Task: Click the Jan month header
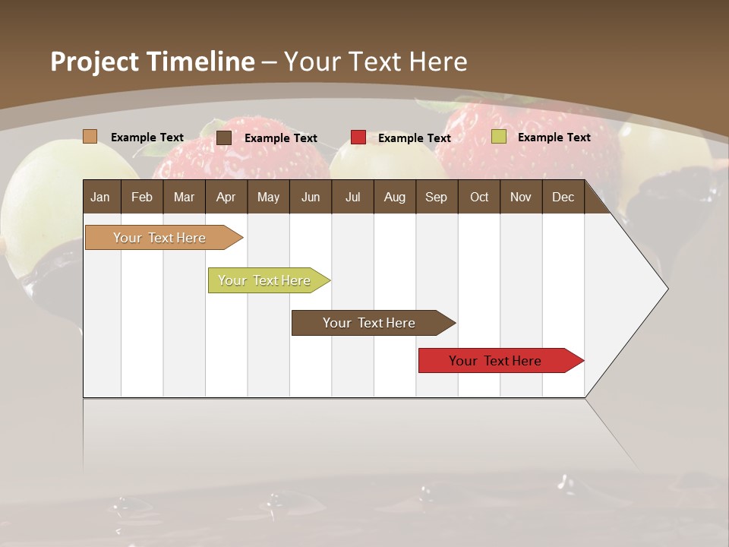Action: pos(101,197)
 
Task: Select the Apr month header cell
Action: pos(226,197)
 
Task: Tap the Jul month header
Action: pos(352,197)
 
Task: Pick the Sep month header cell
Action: pos(436,197)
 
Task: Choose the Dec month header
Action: pos(563,197)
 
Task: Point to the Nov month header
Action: pos(520,197)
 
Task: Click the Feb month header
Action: pos(142,197)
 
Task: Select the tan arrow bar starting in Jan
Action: pos(159,238)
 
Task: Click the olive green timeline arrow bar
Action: pos(264,280)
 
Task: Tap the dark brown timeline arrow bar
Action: pos(369,323)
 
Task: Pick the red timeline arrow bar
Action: pos(495,361)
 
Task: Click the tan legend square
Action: pos(90,137)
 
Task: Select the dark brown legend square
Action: pos(223,138)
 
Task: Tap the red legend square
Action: pos(358,138)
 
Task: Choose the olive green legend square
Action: pos(498,137)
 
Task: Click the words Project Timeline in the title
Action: pos(152,62)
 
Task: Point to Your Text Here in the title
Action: pos(375,62)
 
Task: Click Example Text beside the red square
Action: pos(414,138)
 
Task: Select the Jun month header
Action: pos(311,197)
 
